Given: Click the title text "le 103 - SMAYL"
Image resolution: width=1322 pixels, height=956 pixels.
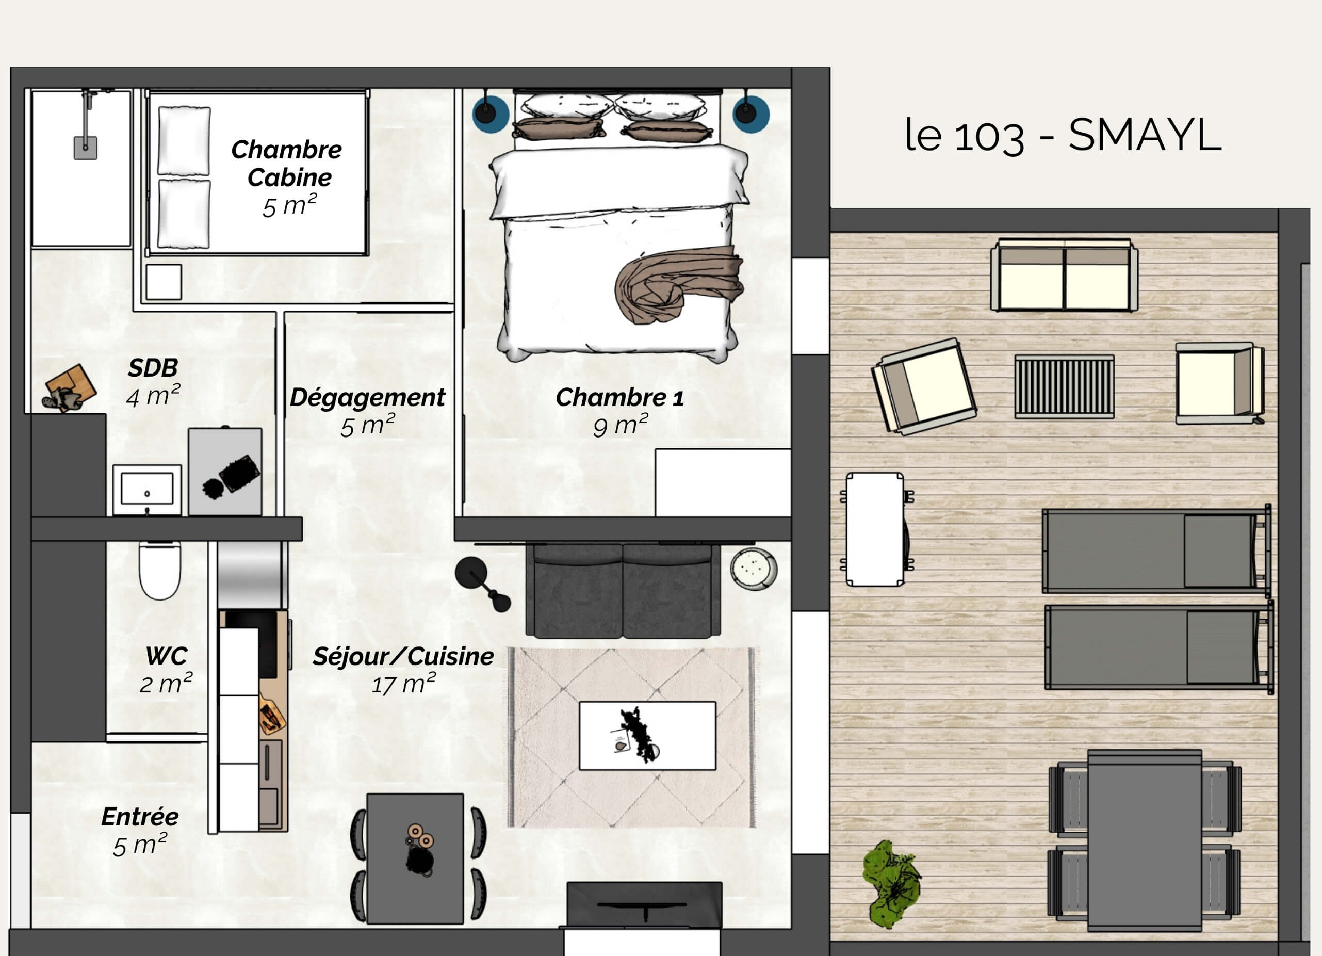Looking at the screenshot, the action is pos(1063,135).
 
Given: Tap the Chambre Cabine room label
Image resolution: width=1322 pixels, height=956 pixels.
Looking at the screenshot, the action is pos(286,163).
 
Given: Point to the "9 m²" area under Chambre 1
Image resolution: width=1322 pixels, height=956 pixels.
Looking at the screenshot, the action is pos(620,425).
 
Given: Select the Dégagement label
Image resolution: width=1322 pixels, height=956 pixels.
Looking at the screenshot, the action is pos(367,398).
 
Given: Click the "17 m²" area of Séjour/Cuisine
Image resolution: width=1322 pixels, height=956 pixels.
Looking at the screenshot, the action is pos(403,684).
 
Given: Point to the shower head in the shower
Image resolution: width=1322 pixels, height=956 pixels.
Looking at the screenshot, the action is pos(85,148).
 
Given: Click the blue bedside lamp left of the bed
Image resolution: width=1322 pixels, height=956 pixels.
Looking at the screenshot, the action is pos(490,113).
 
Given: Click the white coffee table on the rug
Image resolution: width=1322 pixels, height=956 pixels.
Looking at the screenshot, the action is pos(647,736).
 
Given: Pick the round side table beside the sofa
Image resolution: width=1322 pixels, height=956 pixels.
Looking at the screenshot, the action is pos(753,569).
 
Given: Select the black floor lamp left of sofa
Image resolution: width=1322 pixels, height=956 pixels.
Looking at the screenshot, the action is pos(482,584).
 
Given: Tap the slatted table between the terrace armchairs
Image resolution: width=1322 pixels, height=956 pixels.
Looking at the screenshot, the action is pos(1065,386).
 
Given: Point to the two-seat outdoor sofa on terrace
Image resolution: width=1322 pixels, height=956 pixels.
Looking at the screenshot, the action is pos(1065,274).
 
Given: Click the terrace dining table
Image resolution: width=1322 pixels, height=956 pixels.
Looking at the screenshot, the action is pos(1145,840).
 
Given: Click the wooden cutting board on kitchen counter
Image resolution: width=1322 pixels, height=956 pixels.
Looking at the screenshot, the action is pos(272,714).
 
